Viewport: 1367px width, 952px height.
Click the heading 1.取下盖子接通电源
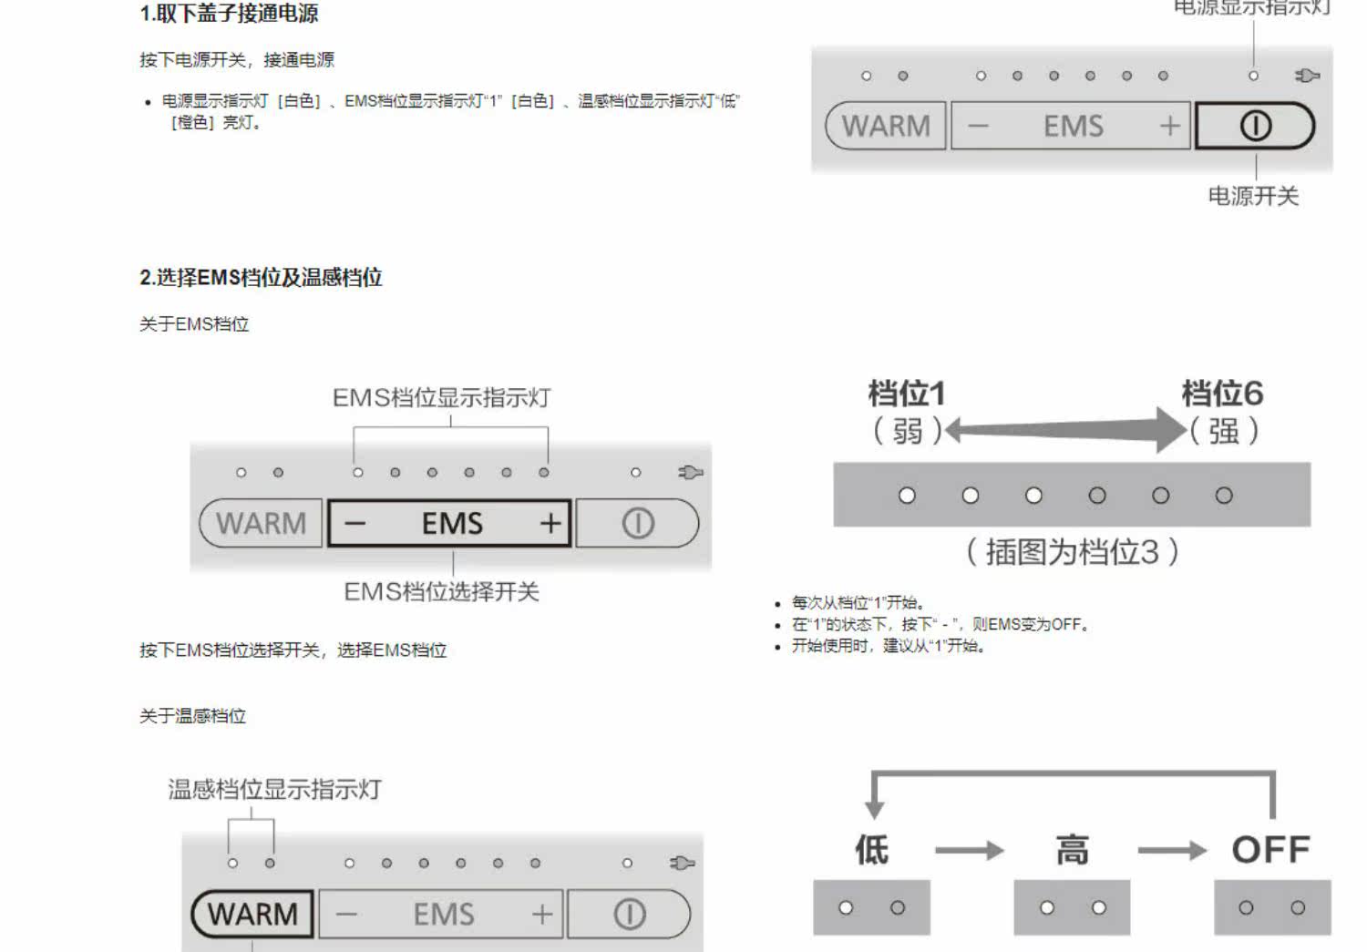pyautogui.click(x=229, y=14)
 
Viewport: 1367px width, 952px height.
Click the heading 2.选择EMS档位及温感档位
pyautogui.click(x=261, y=278)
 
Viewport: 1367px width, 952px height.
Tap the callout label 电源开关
pyautogui.click(x=1253, y=196)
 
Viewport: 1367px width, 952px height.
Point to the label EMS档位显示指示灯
pyautogui.click(x=441, y=398)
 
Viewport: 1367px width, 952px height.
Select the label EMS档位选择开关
pyautogui.click(x=441, y=592)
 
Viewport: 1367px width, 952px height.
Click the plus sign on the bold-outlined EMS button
pyautogui.click(x=550, y=523)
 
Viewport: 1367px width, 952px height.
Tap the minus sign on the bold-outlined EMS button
pyautogui.click(x=355, y=523)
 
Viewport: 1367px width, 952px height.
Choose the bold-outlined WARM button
pyautogui.click(x=252, y=914)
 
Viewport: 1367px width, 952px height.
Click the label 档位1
pyautogui.click(x=907, y=394)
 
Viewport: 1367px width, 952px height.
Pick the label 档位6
pyautogui.click(x=1222, y=394)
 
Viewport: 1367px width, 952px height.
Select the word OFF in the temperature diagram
pyautogui.click(x=1270, y=850)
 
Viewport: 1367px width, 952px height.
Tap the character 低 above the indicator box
pyautogui.click(x=871, y=850)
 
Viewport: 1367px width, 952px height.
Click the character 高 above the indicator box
pyautogui.click(x=1072, y=850)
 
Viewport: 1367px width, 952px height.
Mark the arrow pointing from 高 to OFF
pyautogui.click(x=1172, y=851)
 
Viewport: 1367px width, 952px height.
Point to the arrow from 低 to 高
pyautogui.click(x=969, y=851)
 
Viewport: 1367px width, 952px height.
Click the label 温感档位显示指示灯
pyautogui.click(x=274, y=789)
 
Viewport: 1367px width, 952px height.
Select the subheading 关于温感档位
pyautogui.click(x=192, y=716)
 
